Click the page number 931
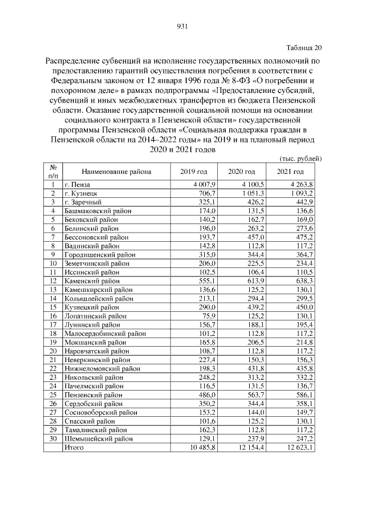tap(182, 26)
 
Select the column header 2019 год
tap(194, 172)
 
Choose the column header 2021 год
tap(291, 172)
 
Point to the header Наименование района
tap(116, 172)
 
